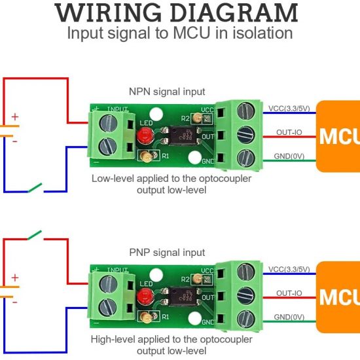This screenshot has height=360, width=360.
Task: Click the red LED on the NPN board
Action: point(145,137)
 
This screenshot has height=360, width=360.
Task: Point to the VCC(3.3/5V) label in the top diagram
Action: point(290,107)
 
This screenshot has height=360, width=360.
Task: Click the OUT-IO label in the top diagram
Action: point(289,132)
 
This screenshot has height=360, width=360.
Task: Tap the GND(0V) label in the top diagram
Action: point(289,157)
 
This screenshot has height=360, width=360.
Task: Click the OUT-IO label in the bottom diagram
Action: point(289,293)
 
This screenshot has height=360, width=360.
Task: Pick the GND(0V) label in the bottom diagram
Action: point(289,317)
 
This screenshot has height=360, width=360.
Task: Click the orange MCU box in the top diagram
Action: point(338,136)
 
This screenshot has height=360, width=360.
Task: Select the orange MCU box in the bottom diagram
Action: point(338,297)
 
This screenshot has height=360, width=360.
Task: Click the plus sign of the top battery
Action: point(14,118)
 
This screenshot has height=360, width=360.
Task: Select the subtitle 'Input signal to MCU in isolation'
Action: point(179,33)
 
